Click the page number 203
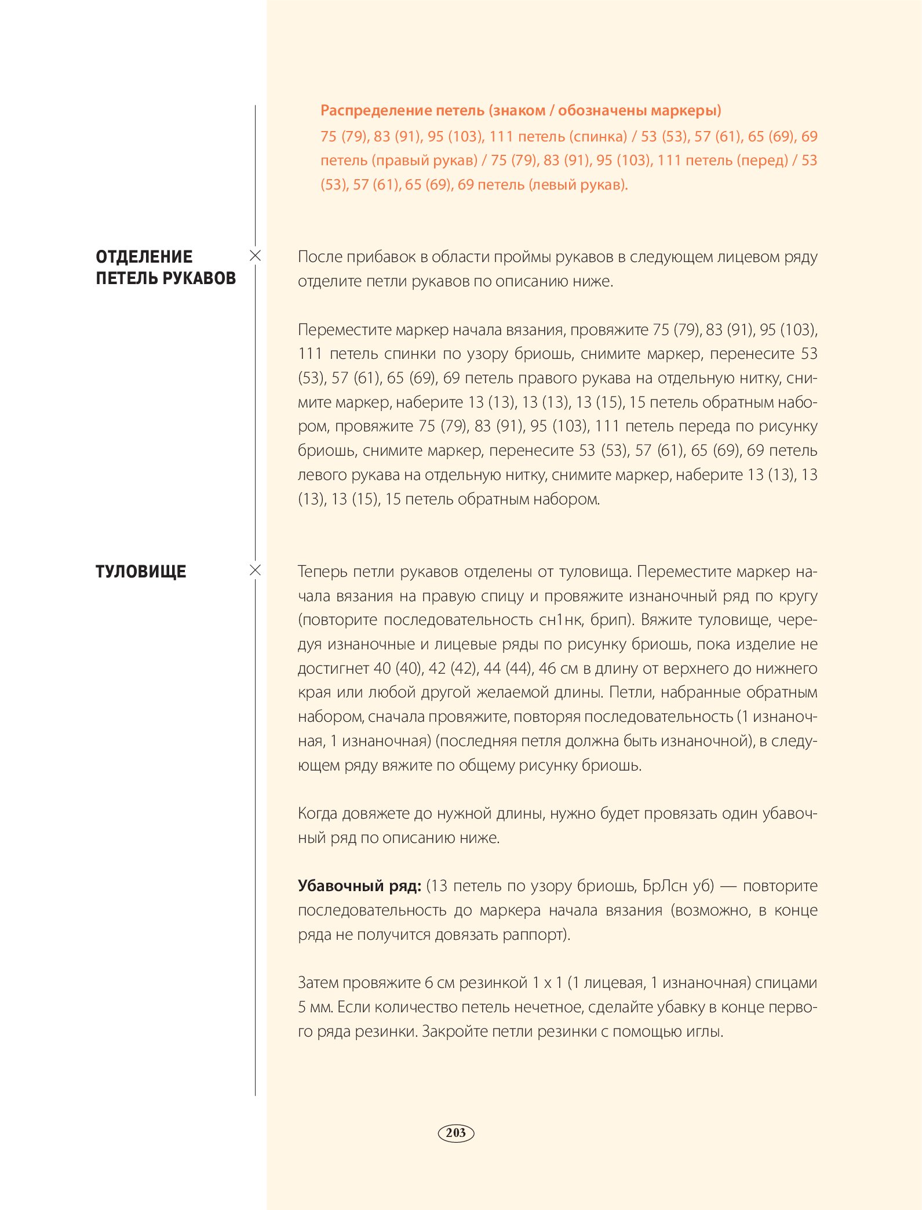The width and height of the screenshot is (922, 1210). coord(456,1133)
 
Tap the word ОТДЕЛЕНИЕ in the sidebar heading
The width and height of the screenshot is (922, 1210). coord(144,257)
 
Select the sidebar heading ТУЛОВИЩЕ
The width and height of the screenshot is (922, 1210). coord(141,572)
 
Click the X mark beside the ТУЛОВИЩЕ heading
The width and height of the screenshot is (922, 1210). coord(255,571)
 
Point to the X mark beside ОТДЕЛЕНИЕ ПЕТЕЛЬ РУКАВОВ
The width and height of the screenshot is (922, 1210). coord(255,256)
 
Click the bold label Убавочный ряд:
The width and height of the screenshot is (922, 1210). coord(359,886)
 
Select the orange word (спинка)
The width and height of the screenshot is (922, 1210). coord(598,137)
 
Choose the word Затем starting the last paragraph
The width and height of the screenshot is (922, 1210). coord(318,983)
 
